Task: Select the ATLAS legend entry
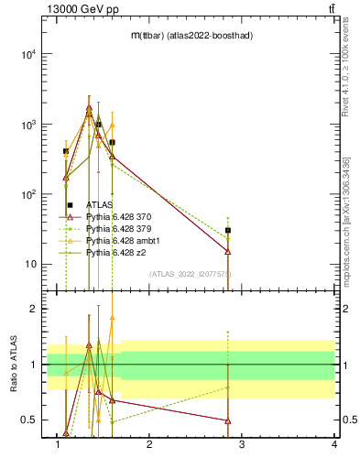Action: (100, 204)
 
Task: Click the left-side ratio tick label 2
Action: (32, 310)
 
